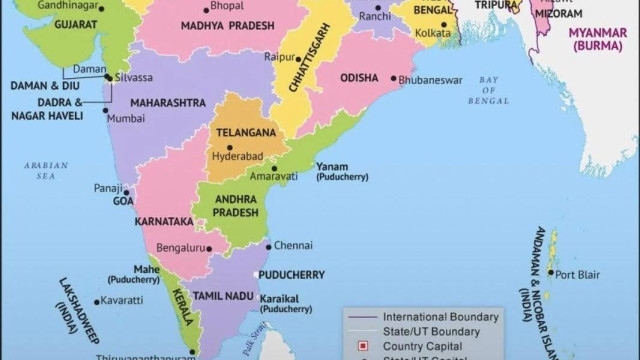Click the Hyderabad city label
(x=238, y=157)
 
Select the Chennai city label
(x=293, y=245)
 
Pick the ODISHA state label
(x=359, y=77)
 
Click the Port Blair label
(x=578, y=274)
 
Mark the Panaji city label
(x=107, y=187)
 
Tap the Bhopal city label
(x=227, y=5)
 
